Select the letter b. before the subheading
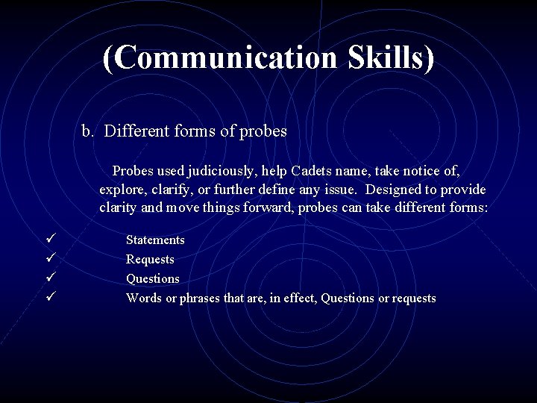pos(88,131)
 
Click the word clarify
pos(177,189)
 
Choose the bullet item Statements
pos(155,240)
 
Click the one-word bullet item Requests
pos(150,260)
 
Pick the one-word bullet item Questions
pos(152,278)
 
